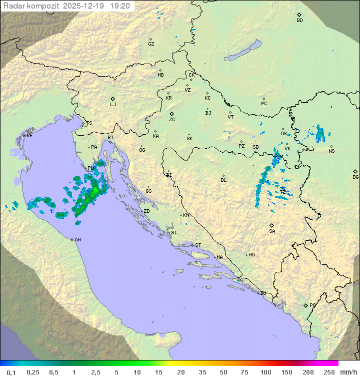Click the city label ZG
point(172,120)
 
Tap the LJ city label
point(113,105)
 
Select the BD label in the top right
point(299,21)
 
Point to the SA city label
point(272,231)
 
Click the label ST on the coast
point(198,245)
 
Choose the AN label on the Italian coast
point(77,240)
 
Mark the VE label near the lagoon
point(29,136)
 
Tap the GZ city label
point(151,44)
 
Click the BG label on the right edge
point(355,177)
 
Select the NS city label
point(331,151)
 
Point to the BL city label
point(223,180)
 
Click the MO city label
point(251,255)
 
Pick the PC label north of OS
point(264,104)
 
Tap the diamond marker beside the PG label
point(305,305)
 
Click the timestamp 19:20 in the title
point(120,6)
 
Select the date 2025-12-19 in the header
point(84,6)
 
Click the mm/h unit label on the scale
point(348,372)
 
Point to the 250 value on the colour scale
point(329,372)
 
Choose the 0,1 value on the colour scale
point(11,372)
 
